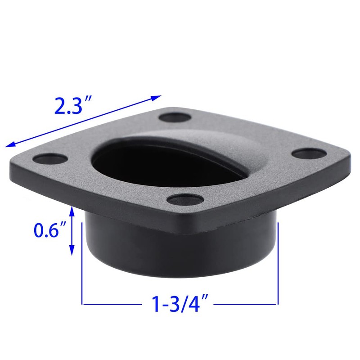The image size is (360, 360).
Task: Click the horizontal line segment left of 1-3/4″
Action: [112, 305]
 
